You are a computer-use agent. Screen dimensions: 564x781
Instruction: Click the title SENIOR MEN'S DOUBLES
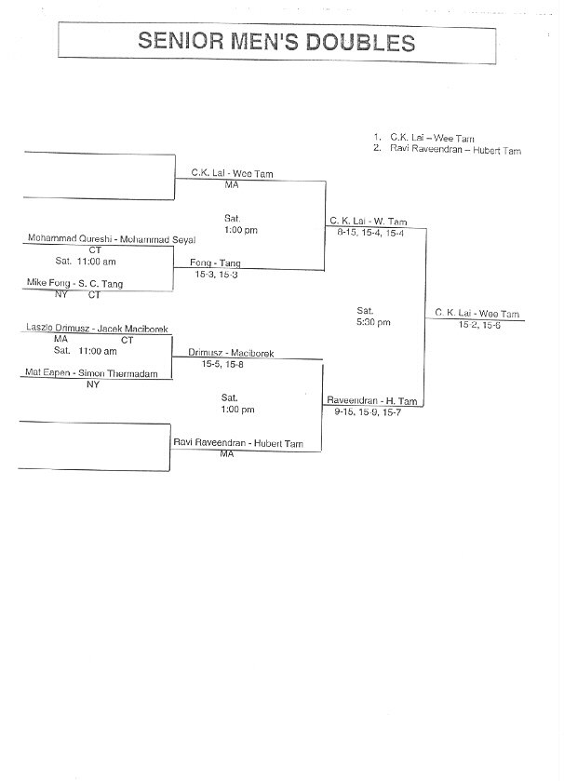[x=276, y=41]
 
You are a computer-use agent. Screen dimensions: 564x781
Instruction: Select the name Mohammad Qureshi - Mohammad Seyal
[x=112, y=239]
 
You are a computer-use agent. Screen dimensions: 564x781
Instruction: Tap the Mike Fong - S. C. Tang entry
[x=74, y=283]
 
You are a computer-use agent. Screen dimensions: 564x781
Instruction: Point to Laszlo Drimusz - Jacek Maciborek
[x=97, y=329]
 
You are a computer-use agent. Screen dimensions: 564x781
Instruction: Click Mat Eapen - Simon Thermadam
[x=91, y=373]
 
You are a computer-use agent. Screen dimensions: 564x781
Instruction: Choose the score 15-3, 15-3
[x=216, y=274]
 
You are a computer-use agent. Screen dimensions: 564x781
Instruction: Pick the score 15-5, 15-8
[x=222, y=364]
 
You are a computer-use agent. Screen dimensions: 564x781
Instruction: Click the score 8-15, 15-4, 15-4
[x=370, y=233]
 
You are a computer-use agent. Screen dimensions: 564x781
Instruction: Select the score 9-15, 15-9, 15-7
[x=368, y=412]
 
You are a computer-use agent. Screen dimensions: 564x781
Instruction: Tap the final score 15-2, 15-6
[x=479, y=325]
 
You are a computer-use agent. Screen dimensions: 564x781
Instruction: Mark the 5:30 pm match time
[x=373, y=322]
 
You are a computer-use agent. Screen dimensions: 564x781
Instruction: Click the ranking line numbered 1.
[x=423, y=138]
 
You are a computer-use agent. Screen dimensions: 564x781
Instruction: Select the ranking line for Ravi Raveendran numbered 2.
[x=447, y=150]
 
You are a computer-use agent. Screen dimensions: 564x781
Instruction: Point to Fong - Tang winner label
[x=215, y=263]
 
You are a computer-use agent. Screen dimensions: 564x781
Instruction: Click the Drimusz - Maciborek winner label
[x=231, y=353]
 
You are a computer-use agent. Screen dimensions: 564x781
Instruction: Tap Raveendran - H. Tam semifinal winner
[x=372, y=400]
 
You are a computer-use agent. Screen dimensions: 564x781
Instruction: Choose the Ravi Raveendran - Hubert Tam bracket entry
[x=238, y=443]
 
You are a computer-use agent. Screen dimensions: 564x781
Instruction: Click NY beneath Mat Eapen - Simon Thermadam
[x=93, y=384]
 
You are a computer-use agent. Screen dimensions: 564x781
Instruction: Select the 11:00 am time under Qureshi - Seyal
[x=97, y=261]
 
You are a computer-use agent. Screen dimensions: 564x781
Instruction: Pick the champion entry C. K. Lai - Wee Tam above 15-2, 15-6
[x=477, y=314]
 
